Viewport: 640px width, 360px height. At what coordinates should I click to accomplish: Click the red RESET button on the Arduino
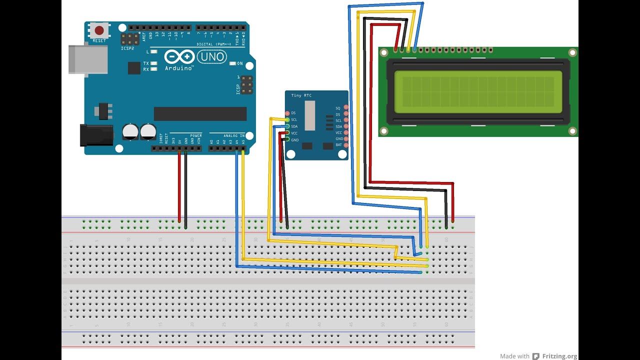[x=99, y=30]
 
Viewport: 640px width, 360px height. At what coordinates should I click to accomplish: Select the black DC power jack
[x=96, y=135]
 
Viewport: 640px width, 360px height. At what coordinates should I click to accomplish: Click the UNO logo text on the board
[x=211, y=57]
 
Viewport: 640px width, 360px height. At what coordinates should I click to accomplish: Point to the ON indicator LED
[x=232, y=63]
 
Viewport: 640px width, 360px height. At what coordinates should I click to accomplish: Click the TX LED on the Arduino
[x=154, y=63]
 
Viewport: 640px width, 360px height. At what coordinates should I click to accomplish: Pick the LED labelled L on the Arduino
[x=154, y=51]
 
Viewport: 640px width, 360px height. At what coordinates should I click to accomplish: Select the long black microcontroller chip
[x=200, y=113]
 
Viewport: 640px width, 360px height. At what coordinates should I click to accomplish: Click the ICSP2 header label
[x=127, y=48]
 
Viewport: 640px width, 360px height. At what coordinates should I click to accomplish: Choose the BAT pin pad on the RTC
[x=345, y=144]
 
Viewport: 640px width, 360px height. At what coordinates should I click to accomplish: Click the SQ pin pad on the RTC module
[x=345, y=108]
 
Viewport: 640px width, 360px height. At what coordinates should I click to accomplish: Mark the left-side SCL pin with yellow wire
[x=286, y=119]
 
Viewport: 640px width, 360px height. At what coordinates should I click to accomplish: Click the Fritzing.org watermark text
[x=560, y=356]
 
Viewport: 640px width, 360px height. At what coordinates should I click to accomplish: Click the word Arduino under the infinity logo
[x=179, y=68]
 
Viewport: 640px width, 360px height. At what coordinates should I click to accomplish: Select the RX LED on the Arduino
[x=154, y=69]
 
